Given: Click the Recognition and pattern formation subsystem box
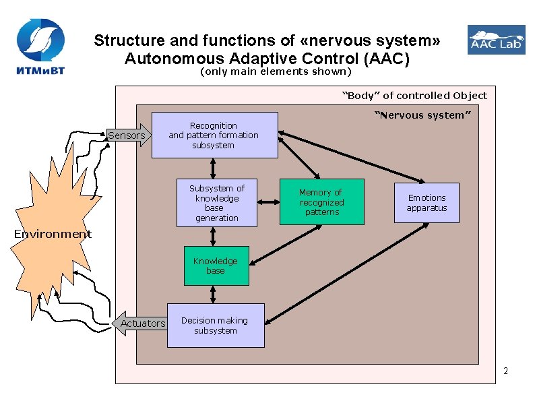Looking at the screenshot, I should pos(214,135).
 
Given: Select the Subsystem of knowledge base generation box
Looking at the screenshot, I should pos(216,203).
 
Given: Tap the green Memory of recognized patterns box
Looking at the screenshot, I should pos(321,202).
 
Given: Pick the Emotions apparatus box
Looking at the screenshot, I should pos(427,203).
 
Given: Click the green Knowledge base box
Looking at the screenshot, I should pos(215,266).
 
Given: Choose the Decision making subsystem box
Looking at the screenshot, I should pos(215,326).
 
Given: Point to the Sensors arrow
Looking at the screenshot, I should pos(129,135).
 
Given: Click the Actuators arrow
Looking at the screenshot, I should pos(139,323).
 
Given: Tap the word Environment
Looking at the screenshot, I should pos(53,234).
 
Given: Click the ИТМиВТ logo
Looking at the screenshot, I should pos(40,48).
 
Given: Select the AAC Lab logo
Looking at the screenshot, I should pos(496,40).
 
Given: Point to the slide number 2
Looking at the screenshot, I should pos(505,371).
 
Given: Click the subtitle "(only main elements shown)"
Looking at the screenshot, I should pos(276,71).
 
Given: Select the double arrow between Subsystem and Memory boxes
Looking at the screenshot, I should pos(269,202).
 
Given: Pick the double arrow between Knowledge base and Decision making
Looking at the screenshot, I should pos(214,295).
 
